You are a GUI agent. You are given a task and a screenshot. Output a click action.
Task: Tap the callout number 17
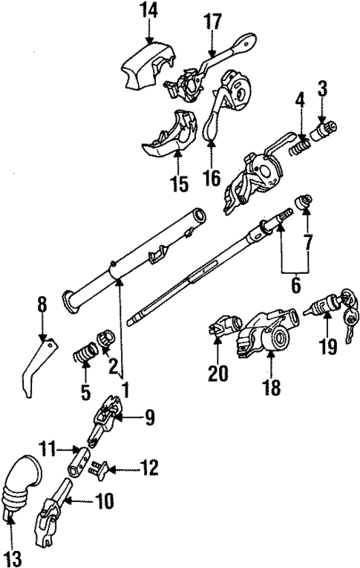pyautogui.click(x=213, y=22)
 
